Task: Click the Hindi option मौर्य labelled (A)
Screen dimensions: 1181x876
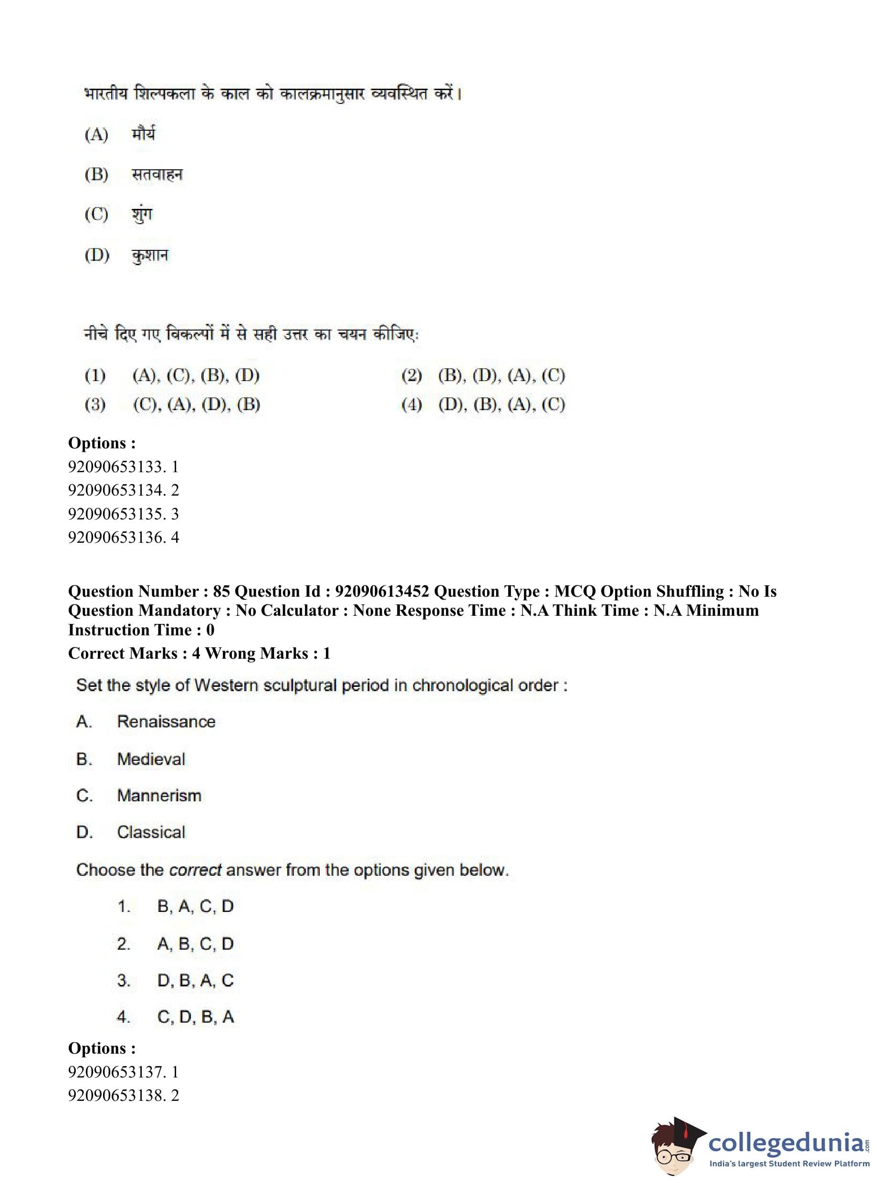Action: (143, 134)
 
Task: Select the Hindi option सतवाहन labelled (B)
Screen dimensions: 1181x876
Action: (157, 175)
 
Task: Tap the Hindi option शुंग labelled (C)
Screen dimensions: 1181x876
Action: (142, 214)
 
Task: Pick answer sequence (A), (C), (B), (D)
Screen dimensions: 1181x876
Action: (196, 376)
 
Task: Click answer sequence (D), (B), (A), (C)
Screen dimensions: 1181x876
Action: (501, 405)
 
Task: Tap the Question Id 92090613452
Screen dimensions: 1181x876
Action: (382, 591)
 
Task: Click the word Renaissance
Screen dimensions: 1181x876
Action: (166, 721)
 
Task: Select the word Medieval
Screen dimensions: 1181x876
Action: (151, 759)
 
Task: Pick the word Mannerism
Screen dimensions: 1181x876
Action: (159, 795)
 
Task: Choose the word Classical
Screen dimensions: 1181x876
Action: (151, 832)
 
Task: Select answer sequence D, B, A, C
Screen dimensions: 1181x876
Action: (195, 980)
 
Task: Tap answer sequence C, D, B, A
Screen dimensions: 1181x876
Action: (195, 1016)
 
